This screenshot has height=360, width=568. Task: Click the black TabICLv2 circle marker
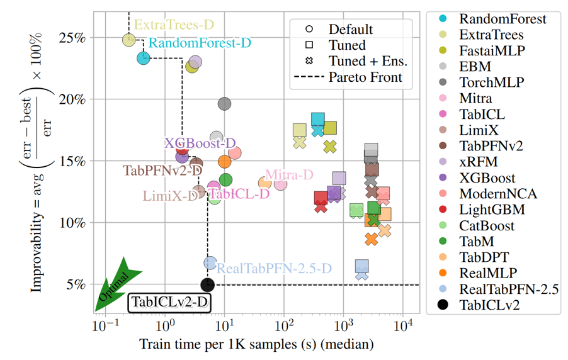tap(208, 285)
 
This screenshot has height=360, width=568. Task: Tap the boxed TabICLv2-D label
tap(169, 303)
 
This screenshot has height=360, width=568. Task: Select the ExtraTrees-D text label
tap(174, 25)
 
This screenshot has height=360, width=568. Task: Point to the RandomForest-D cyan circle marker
tap(144, 58)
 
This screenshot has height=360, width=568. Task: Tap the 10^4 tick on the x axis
tap(403, 327)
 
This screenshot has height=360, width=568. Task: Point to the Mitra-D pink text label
tap(289, 174)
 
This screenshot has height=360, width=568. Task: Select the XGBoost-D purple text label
tap(200, 143)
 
